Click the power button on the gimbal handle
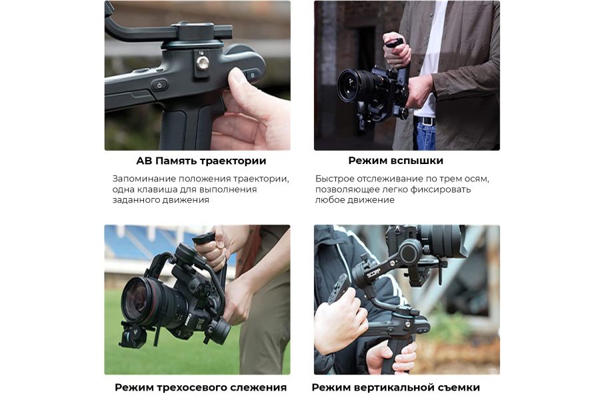pyautogui.click(x=159, y=85)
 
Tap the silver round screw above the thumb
pyautogui.click(x=203, y=62)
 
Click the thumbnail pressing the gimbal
pyautogui.click(x=237, y=79)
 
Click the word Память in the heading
pyautogui.click(x=175, y=161)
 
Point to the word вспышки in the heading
pyautogui.click(x=419, y=161)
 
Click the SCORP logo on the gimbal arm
pyautogui.click(x=374, y=273)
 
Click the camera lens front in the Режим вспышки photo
pyautogui.click(x=348, y=86)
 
